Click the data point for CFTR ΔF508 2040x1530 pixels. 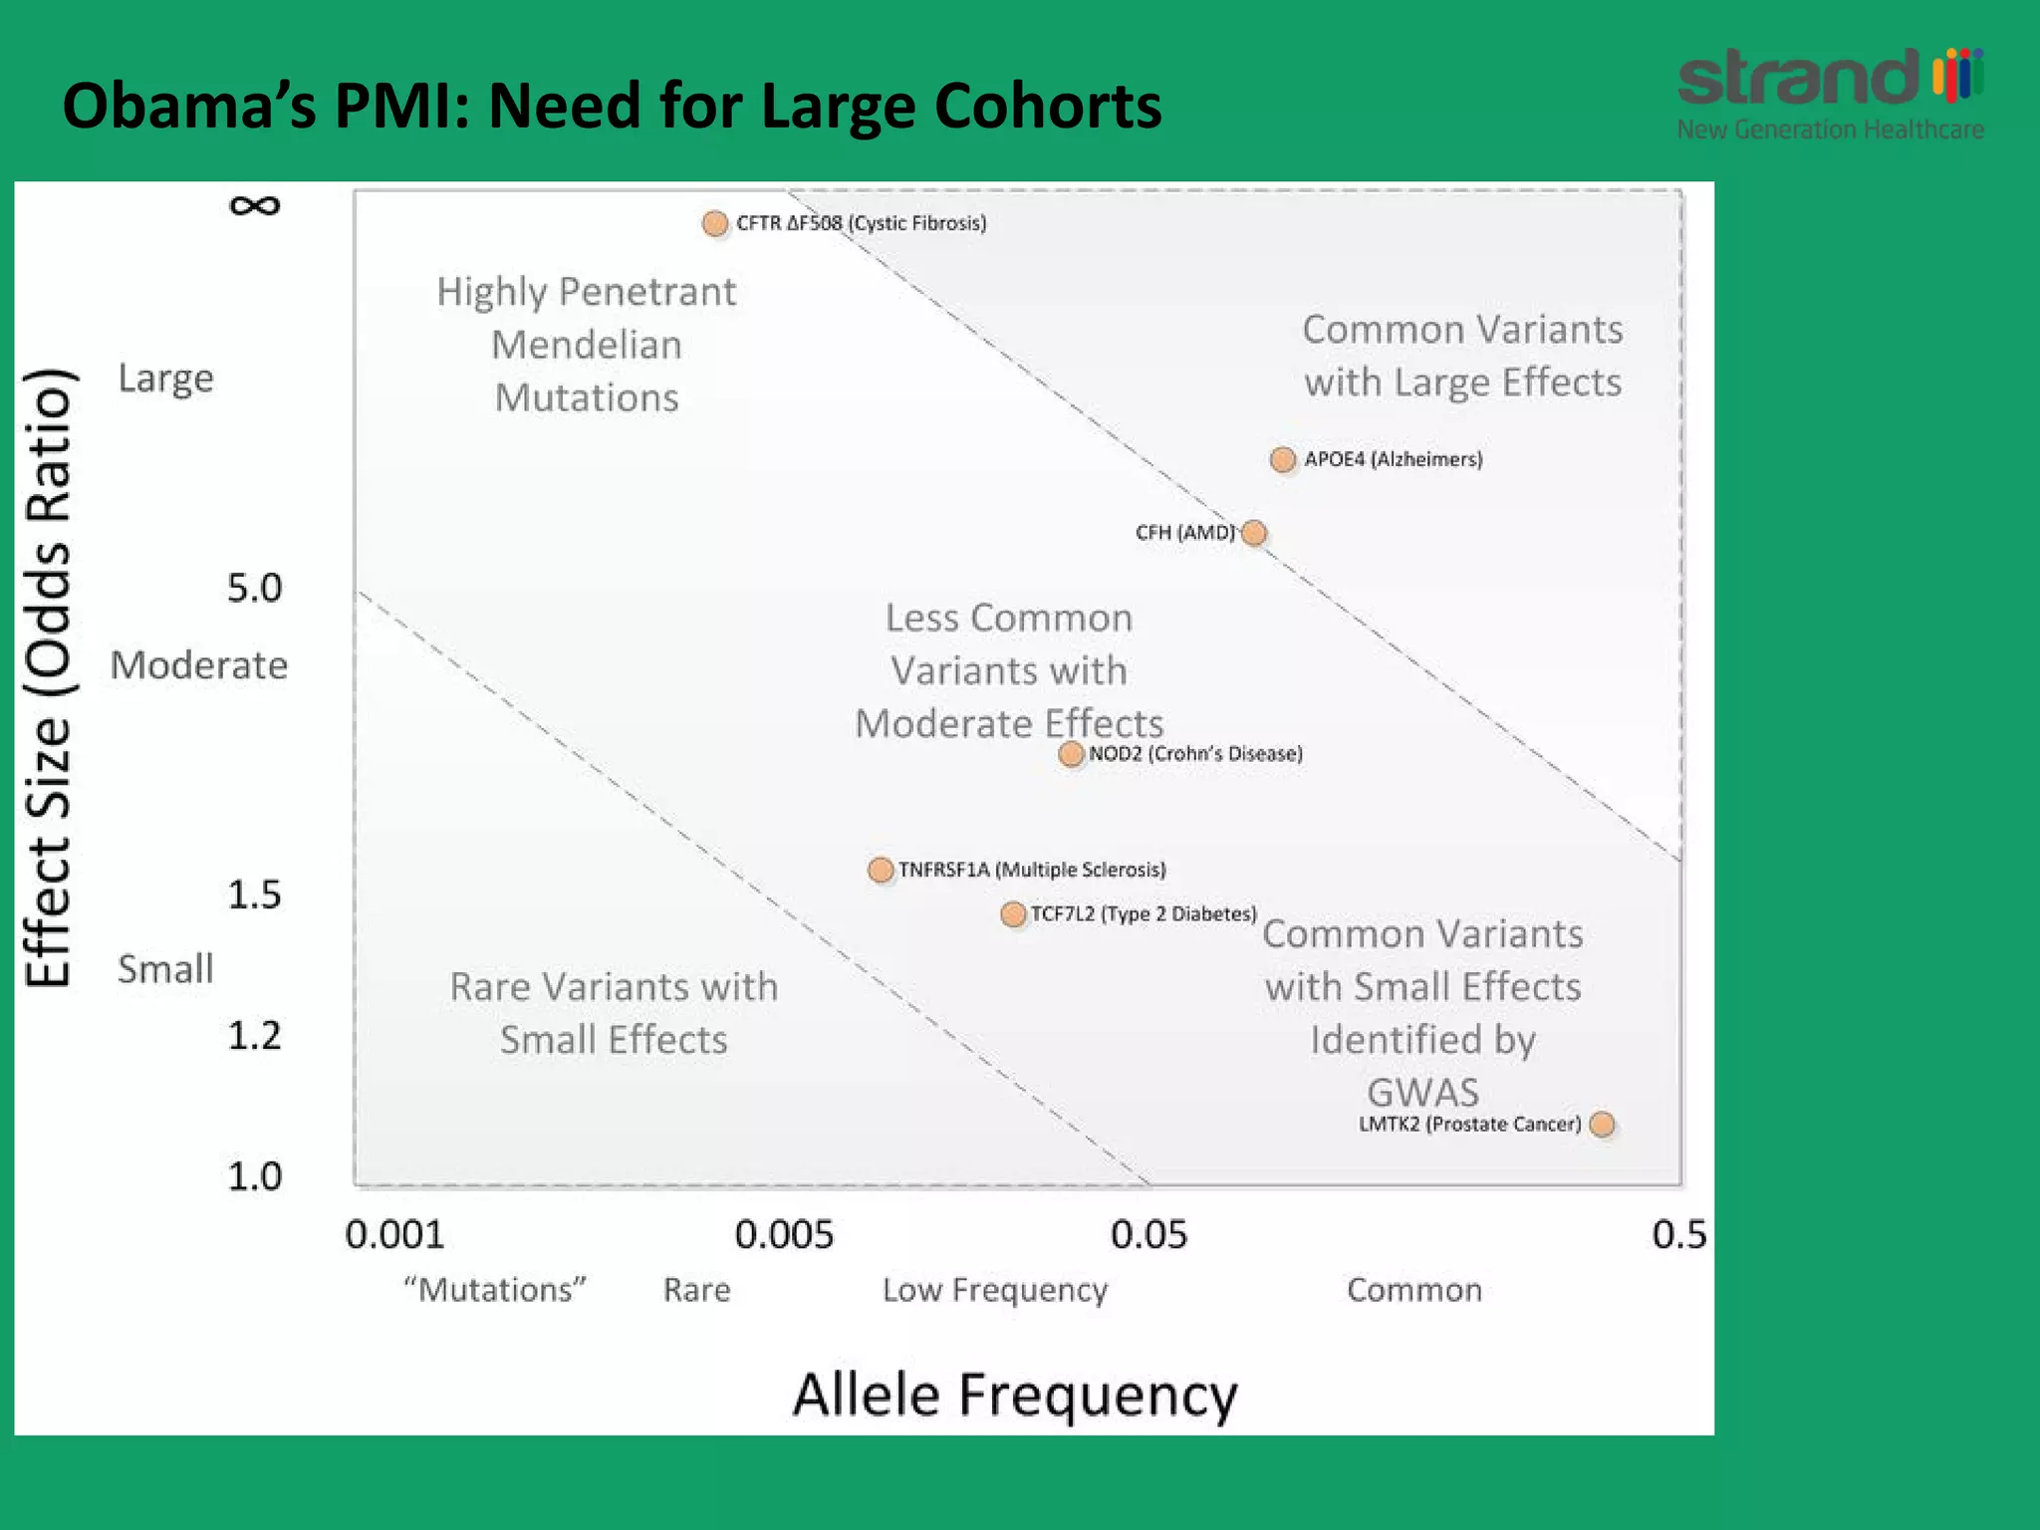tap(714, 223)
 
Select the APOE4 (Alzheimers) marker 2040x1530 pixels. tap(1283, 459)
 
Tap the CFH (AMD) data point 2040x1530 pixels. tap(1254, 533)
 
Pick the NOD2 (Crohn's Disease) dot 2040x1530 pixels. tap(1071, 754)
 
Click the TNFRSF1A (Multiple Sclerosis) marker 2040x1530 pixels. tap(881, 870)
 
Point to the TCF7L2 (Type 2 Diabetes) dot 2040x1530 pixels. tap(1013, 914)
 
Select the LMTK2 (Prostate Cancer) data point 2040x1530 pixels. tap(1602, 1125)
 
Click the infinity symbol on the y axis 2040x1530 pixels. tap(254, 205)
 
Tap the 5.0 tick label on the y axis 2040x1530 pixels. tap(254, 588)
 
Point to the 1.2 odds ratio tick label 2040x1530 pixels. tap(254, 1036)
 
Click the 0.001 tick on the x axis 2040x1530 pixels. tap(394, 1235)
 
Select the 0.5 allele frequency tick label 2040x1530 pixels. tap(1678, 1235)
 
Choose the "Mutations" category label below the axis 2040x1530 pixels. tap(495, 1290)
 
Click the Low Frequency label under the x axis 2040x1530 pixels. tap(994, 1290)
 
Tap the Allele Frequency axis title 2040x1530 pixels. tap(1014, 1395)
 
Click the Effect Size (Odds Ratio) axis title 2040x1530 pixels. tap(48, 677)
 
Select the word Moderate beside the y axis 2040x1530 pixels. tap(199, 664)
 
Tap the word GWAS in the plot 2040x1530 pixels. tap(1422, 1093)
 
